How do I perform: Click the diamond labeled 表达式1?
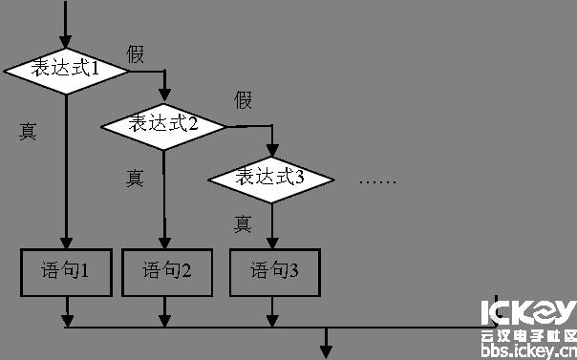(x=66, y=70)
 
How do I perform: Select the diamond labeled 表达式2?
(x=163, y=123)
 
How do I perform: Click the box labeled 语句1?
(x=66, y=271)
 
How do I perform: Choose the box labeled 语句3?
(x=275, y=271)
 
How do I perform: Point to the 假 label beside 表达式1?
(x=136, y=54)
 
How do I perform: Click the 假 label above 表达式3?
(x=244, y=99)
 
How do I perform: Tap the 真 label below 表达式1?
(x=28, y=132)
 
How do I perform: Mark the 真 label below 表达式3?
(x=243, y=224)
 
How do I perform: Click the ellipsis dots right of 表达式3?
(x=376, y=180)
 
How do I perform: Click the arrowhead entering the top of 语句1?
(x=66, y=243)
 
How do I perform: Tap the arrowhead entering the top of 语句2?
(x=163, y=243)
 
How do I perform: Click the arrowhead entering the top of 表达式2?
(x=163, y=95)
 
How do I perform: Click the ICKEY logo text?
(x=528, y=313)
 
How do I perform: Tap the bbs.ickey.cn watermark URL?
(x=528, y=350)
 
